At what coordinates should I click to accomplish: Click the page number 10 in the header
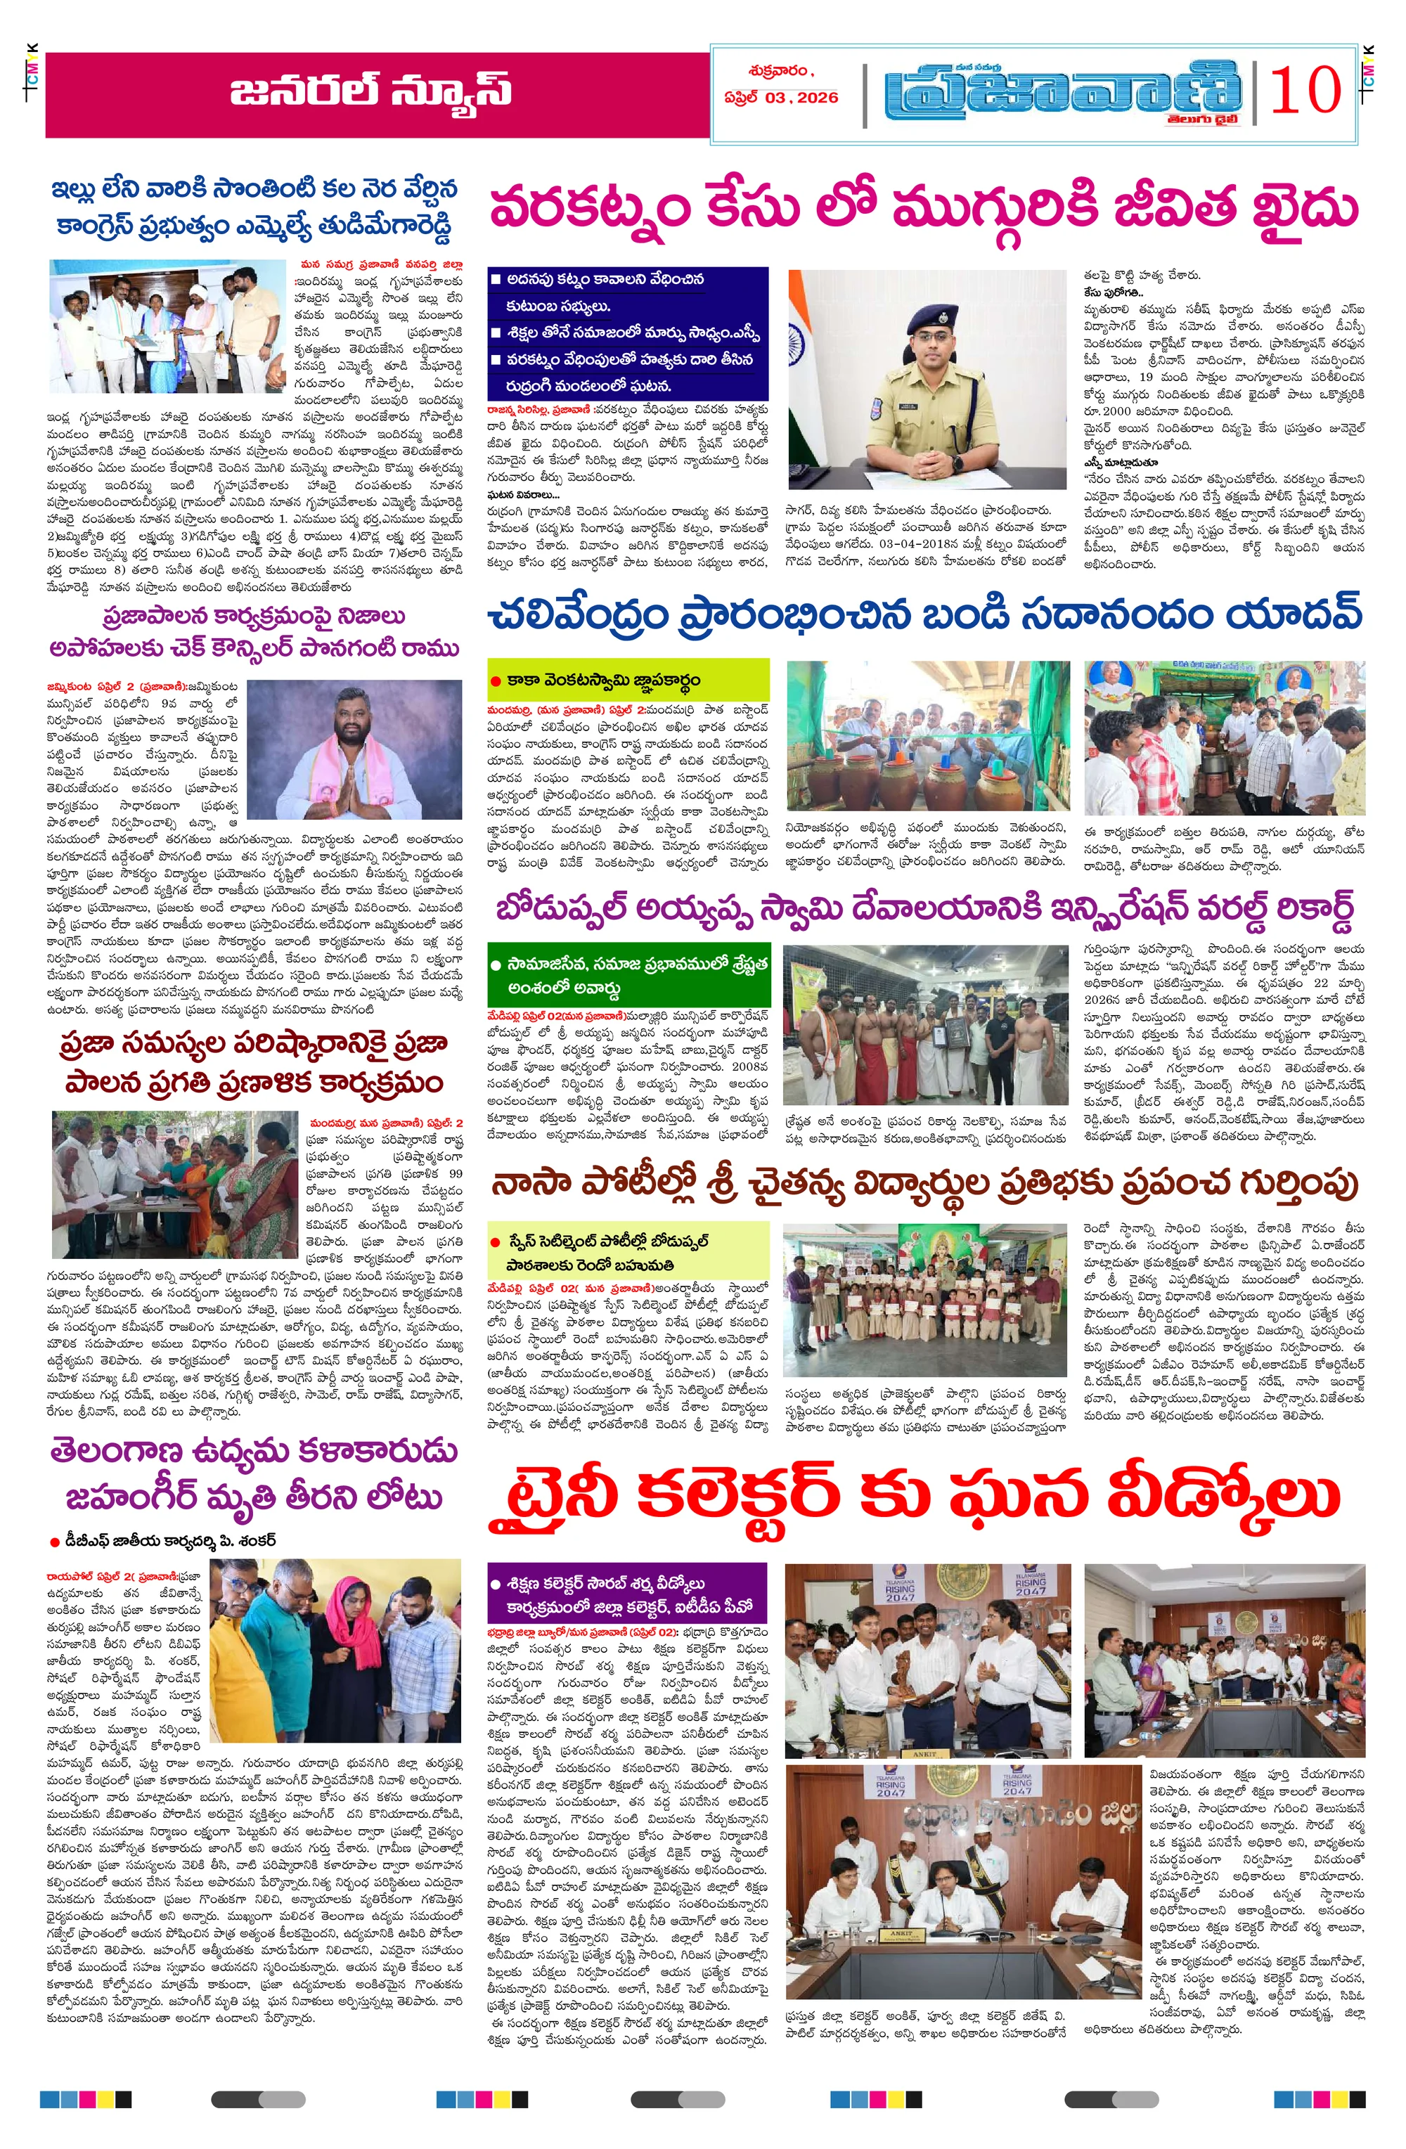click(x=1304, y=90)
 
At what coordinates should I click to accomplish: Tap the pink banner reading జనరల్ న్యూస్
click(x=375, y=94)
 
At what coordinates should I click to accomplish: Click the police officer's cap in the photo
click(x=927, y=318)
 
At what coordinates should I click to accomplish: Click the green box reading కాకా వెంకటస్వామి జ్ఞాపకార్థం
click(x=628, y=680)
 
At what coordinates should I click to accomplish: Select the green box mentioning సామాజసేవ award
click(x=628, y=975)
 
